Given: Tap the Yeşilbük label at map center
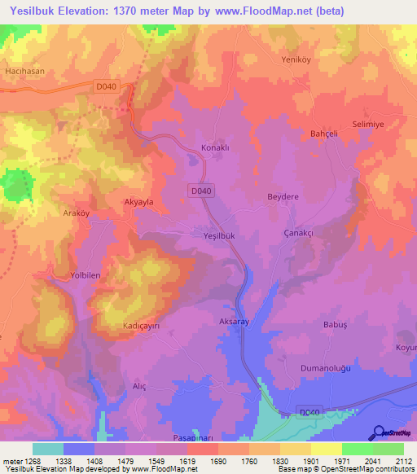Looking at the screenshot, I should click(x=218, y=235).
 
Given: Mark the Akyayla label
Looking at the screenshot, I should click(x=138, y=200).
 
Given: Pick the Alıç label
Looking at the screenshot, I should click(x=138, y=387).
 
